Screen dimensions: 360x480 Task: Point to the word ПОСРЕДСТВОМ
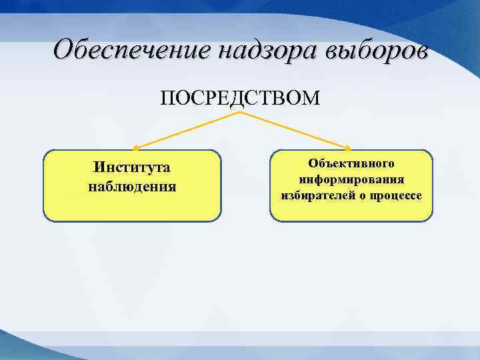(x=240, y=99)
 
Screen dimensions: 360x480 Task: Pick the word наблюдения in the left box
(x=132, y=186)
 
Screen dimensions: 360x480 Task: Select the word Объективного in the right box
(x=351, y=163)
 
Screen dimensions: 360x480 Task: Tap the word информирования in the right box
(x=351, y=180)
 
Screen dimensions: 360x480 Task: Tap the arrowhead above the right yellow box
(x=348, y=147)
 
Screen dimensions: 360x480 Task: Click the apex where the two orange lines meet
(x=240, y=113)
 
